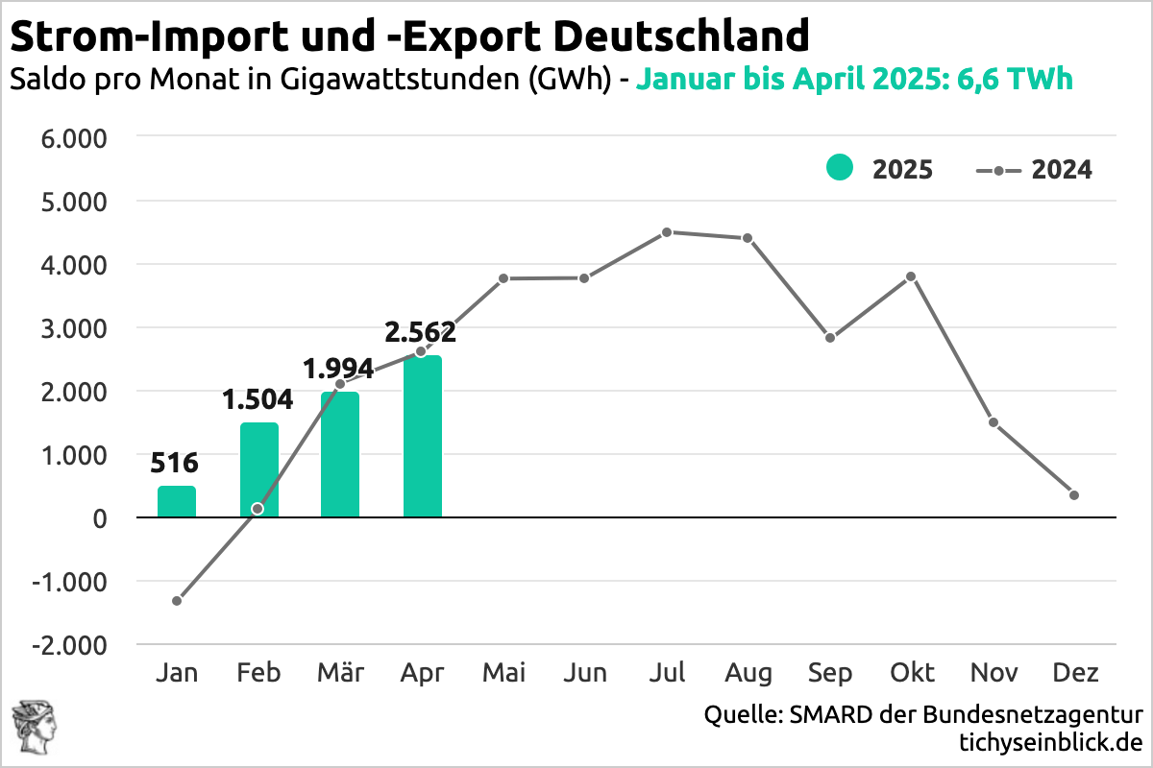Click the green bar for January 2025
[x=177, y=502]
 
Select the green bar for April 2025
[x=423, y=437]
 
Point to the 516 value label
[x=176, y=464]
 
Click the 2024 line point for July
[x=667, y=232]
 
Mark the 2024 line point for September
[x=830, y=338]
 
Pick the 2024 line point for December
[x=1074, y=495]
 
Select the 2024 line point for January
[x=177, y=601]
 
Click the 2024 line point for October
[x=911, y=276]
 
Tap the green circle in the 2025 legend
[x=839, y=168]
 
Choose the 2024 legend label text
[x=1062, y=170]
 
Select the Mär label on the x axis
[x=340, y=673]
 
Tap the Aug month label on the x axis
[x=748, y=673]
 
